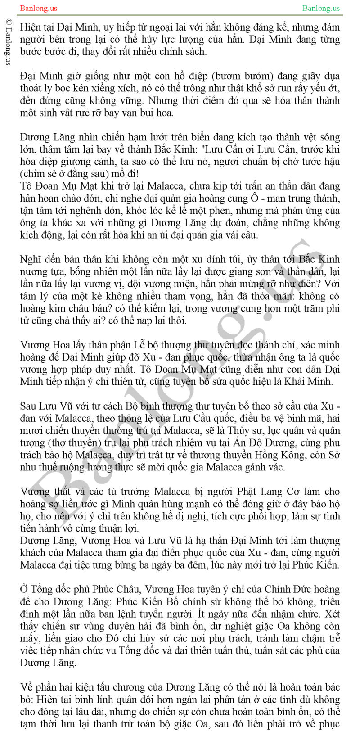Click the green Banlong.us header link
[x=321, y=8]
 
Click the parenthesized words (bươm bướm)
[x=236, y=76]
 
